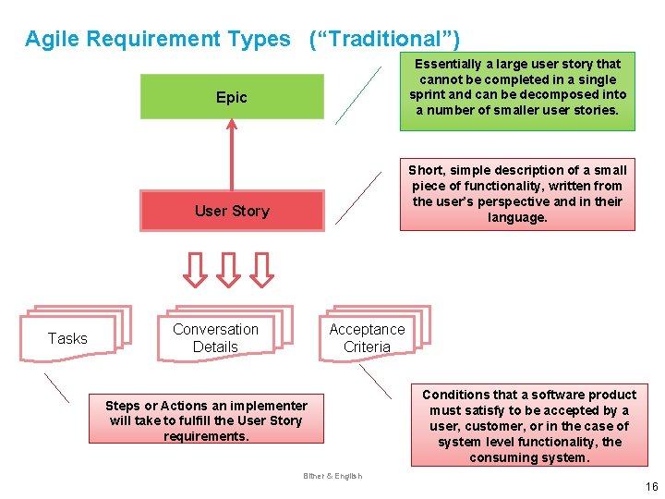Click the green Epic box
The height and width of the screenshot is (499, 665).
pyautogui.click(x=232, y=97)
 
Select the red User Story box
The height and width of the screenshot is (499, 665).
pyautogui.click(x=232, y=211)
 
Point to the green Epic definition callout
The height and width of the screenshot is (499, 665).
pyautogui.click(x=517, y=87)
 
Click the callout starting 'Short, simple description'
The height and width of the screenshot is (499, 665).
pyautogui.click(x=517, y=194)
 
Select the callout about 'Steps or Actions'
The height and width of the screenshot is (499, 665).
pyautogui.click(x=206, y=420)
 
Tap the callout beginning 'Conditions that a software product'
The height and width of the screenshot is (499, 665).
pyautogui.click(x=529, y=426)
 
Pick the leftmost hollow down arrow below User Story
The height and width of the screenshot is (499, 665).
pyautogui.click(x=194, y=269)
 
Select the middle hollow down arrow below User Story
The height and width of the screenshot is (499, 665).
pyautogui.click(x=228, y=269)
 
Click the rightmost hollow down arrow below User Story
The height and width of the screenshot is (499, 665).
pyautogui.click(x=262, y=269)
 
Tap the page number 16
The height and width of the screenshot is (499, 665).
pyautogui.click(x=651, y=487)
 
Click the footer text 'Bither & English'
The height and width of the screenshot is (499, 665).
pyautogui.click(x=332, y=476)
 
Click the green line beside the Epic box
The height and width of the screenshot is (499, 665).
pyautogui.click(x=357, y=95)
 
